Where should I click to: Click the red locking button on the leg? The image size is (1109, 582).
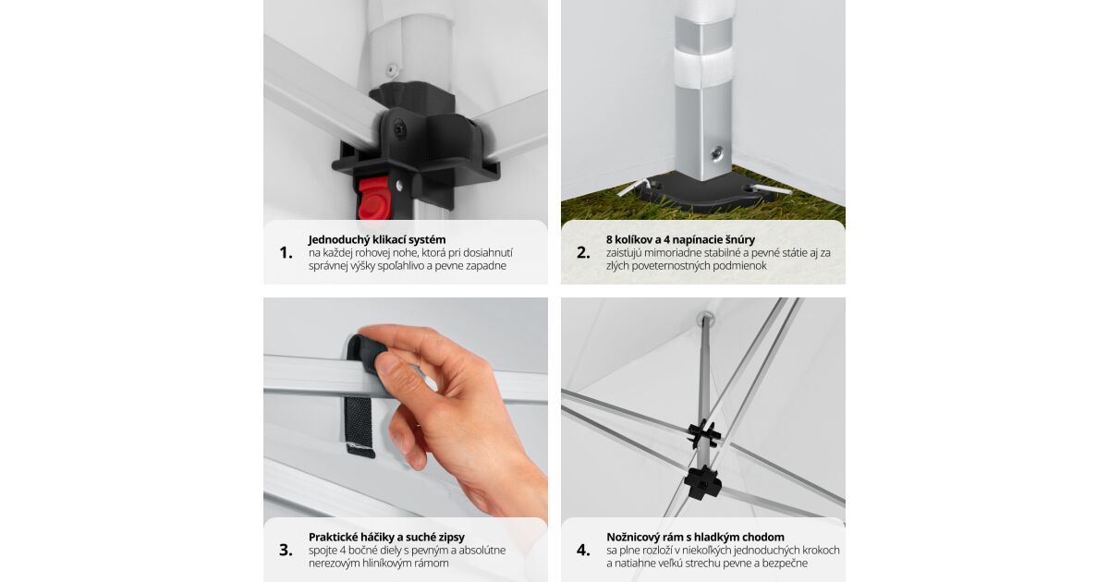373,199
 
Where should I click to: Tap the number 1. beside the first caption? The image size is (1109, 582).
286,253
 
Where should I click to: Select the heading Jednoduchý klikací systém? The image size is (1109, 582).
377,239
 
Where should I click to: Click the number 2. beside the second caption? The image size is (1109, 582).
583,253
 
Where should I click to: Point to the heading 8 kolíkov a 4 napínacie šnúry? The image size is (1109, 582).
680,239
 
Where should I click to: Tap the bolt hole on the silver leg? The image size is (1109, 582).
716,153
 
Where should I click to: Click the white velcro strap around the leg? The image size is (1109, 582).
702,68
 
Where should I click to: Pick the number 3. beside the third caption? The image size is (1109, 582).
286,551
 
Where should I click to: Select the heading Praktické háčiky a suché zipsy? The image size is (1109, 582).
386,537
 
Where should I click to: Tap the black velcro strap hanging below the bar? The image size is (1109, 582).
360,427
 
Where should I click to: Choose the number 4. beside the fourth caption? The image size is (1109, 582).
583,551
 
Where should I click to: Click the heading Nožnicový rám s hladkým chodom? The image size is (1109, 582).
695,537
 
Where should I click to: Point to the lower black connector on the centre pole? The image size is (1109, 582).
703,482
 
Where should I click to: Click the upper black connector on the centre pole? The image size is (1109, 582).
704,434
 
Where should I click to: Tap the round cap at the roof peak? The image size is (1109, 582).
705,319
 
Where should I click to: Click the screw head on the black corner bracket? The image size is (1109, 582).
399,130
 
